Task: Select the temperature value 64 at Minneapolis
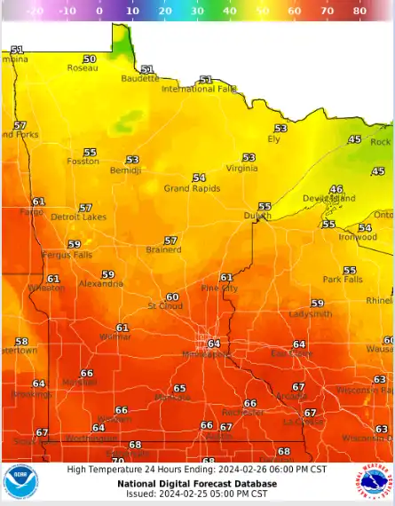(x=213, y=344)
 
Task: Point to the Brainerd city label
(x=163, y=250)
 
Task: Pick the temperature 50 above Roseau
(x=90, y=59)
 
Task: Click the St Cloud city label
(x=164, y=306)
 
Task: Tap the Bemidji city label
(x=125, y=170)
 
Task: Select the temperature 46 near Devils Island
(x=336, y=189)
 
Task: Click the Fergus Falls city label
(x=67, y=255)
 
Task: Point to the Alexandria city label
(x=101, y=284)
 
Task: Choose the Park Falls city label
(x=343, y=280)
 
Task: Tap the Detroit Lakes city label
(x=78, y=217)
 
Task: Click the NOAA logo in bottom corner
(x=20, y=482)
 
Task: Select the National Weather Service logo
(x=375, y=482)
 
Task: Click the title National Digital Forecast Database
(x=197, y=484)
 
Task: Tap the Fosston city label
(x=83, y=162)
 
